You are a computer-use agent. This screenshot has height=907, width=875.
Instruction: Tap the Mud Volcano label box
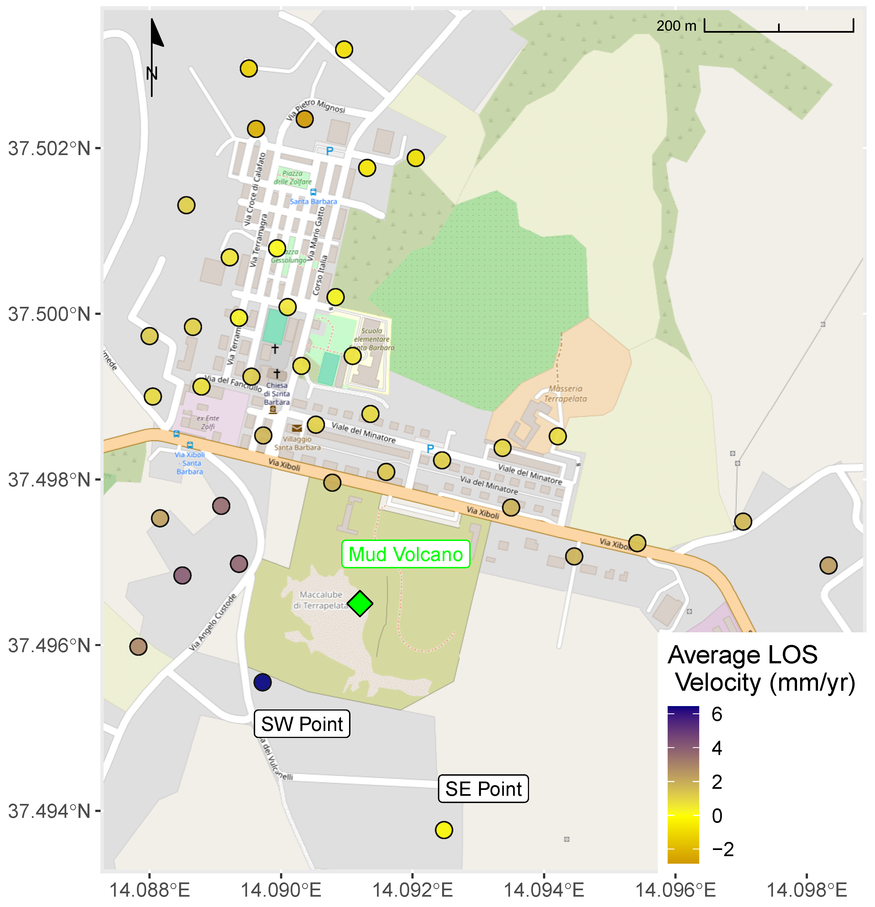pyautogui.click(x=405, y=554)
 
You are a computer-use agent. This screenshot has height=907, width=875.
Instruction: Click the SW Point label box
pyautogui.click(x=302, y=723)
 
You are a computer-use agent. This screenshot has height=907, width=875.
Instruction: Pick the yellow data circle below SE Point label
pyautogui.click(x=443, y=830)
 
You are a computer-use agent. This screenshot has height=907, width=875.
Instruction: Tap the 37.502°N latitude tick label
pyautogui.click(x=49, y=149)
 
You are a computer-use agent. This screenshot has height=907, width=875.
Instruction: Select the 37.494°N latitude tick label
pyautogui.click(x=49, y=811)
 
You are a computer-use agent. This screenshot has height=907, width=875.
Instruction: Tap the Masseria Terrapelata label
pyautogui.click(x=565, y=393)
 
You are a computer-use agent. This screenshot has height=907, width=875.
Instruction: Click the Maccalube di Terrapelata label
pyautogui.click(x=321, y=600)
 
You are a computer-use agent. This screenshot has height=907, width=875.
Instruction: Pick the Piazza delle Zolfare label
pyautogui.click(x=292, y=177)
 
